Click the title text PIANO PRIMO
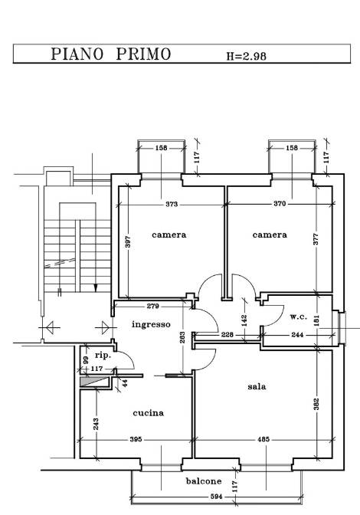(110, 54)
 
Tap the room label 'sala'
(257, 387)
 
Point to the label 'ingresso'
(150, 324)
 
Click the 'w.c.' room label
(299, 316)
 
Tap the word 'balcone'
(204, 481)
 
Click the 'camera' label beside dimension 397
(169, 235)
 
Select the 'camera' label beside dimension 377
(270, 235)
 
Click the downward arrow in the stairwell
(95, 287)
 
